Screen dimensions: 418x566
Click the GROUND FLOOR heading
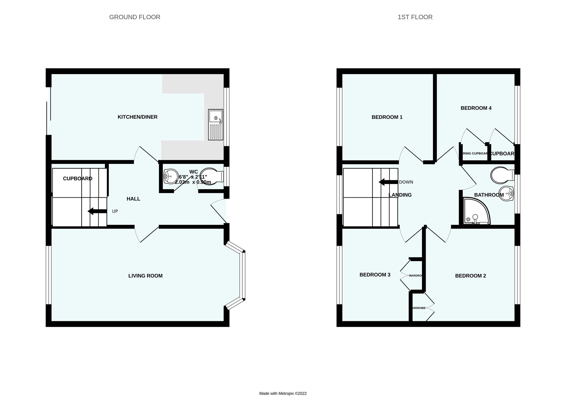point(135,17)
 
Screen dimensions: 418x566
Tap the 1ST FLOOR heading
point(415,17)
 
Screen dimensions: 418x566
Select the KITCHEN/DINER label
point(137,117)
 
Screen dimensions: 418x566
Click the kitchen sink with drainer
point(216,124)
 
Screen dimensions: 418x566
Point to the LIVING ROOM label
point(145,276)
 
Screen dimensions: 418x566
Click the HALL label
point(133,199)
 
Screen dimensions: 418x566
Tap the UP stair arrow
point(97,211)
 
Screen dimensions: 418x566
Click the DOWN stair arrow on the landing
point(388,182)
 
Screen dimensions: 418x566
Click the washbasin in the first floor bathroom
point(506,194)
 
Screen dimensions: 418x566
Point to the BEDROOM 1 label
point(387,117)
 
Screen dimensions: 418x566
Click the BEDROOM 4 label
point(476,108)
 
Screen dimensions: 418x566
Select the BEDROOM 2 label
point(470,276)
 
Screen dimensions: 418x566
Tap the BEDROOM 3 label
point(375,275)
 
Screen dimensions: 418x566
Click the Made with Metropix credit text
point(283,393)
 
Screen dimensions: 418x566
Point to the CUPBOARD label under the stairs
point(78,179)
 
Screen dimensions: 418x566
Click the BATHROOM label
point(489,195)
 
